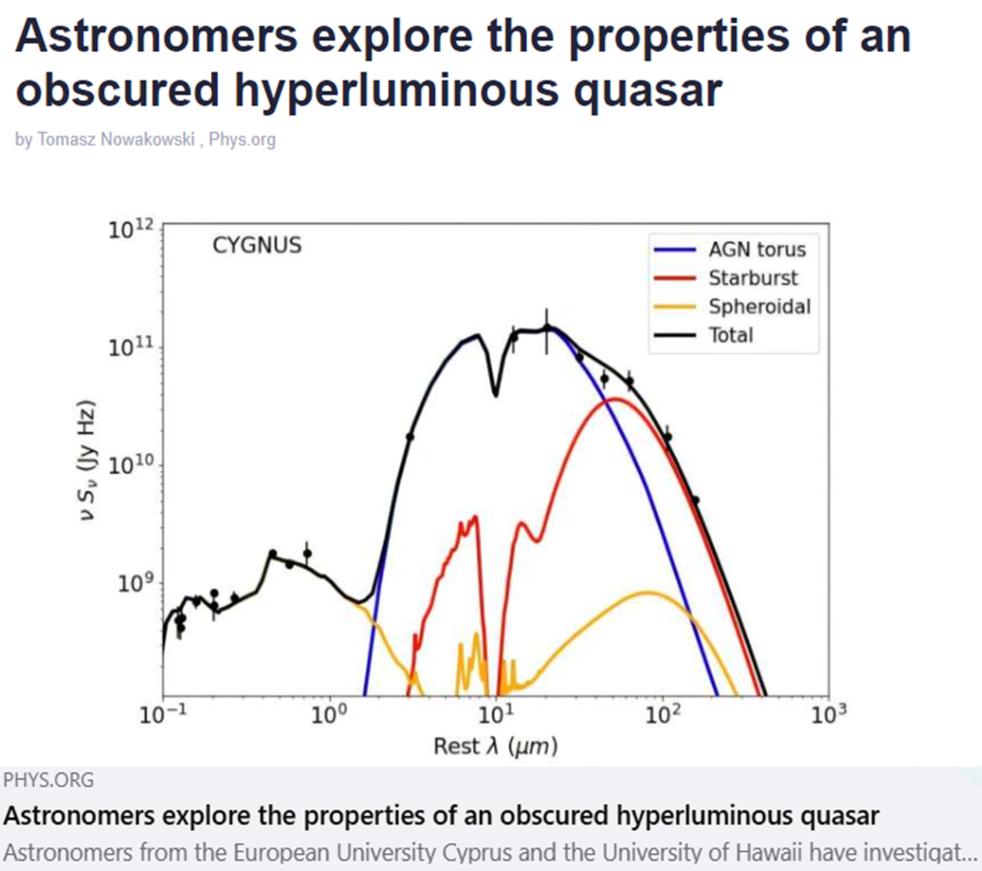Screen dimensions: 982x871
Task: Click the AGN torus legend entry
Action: coord(729,250)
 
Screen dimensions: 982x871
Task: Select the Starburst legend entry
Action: coord(726,278)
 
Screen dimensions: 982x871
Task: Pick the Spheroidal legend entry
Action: coord(732,307)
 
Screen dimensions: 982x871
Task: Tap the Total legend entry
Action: coord(703,335)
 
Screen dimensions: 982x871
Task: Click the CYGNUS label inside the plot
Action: coord(257,246)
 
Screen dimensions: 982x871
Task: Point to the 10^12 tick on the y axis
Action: coord(131,230)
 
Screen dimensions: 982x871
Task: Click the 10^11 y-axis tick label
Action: coord(131,347)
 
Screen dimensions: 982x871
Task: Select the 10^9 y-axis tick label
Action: coord(135,584)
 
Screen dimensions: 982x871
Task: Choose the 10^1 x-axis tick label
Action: coord(496,714)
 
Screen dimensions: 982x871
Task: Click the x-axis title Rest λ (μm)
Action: coord(495,746)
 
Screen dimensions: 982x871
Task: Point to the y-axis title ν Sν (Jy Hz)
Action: coord(87,460)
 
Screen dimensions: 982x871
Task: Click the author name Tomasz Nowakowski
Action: coord(116,139)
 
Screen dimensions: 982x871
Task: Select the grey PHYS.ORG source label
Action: coord(48,780)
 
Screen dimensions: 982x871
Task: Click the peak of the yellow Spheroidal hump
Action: coord(647,592)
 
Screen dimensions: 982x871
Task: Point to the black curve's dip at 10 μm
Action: coord(495,395)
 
